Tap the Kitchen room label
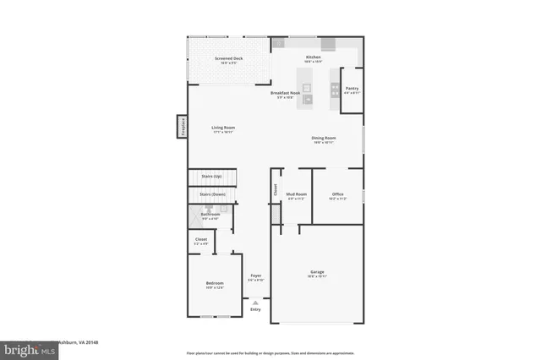[314, 58]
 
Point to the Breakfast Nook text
[287, 93]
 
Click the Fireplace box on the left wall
[181, 127]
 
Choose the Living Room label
[223, 128]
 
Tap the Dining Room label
[324, 139]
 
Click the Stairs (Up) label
[211, 176]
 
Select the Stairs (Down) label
[212, 194]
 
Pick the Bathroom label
[210, 215]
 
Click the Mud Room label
[296, 194]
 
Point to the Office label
[337, 194]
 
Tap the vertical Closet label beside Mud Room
[275, 191]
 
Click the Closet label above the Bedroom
[201, 241]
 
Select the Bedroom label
[214, 284]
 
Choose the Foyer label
[255, 276]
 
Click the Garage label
[317, 272]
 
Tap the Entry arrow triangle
[255, 302]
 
